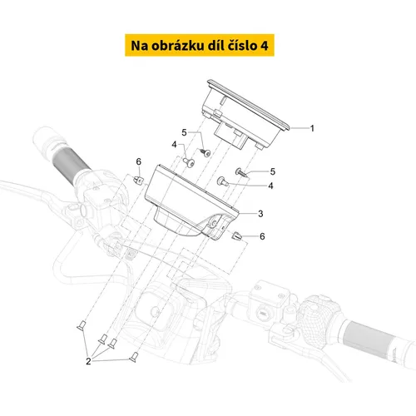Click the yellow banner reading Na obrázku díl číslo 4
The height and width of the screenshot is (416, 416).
(x=200, y=45)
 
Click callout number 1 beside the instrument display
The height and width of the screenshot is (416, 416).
(x=312, y=128)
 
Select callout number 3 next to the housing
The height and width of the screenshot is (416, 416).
(x=260, y=214)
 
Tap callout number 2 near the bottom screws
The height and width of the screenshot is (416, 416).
(x=88, y=361)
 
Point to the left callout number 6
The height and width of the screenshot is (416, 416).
(x=139, y=161)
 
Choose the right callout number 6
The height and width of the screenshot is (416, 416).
(x=262, y=236)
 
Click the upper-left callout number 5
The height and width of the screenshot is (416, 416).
(x=184, y=132)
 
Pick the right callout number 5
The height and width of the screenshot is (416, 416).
(x=273, y=171)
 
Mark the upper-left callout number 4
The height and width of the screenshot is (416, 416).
(x=174, y=145)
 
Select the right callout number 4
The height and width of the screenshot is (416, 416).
(x=270, y=186)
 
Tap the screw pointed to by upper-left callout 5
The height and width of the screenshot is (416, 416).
(x=206, y=152)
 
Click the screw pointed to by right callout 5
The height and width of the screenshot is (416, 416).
(x=241, y=172)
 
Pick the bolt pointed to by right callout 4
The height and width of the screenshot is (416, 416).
(x=223, y=181)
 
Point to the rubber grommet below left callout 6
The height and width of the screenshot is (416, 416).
(x=139, y=181)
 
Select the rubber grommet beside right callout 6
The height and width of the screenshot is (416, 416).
(x=236, y=236)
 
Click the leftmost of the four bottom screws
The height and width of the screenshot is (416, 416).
(x=82, y=325)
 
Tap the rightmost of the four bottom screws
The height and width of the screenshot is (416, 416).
(x=134, y=357)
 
